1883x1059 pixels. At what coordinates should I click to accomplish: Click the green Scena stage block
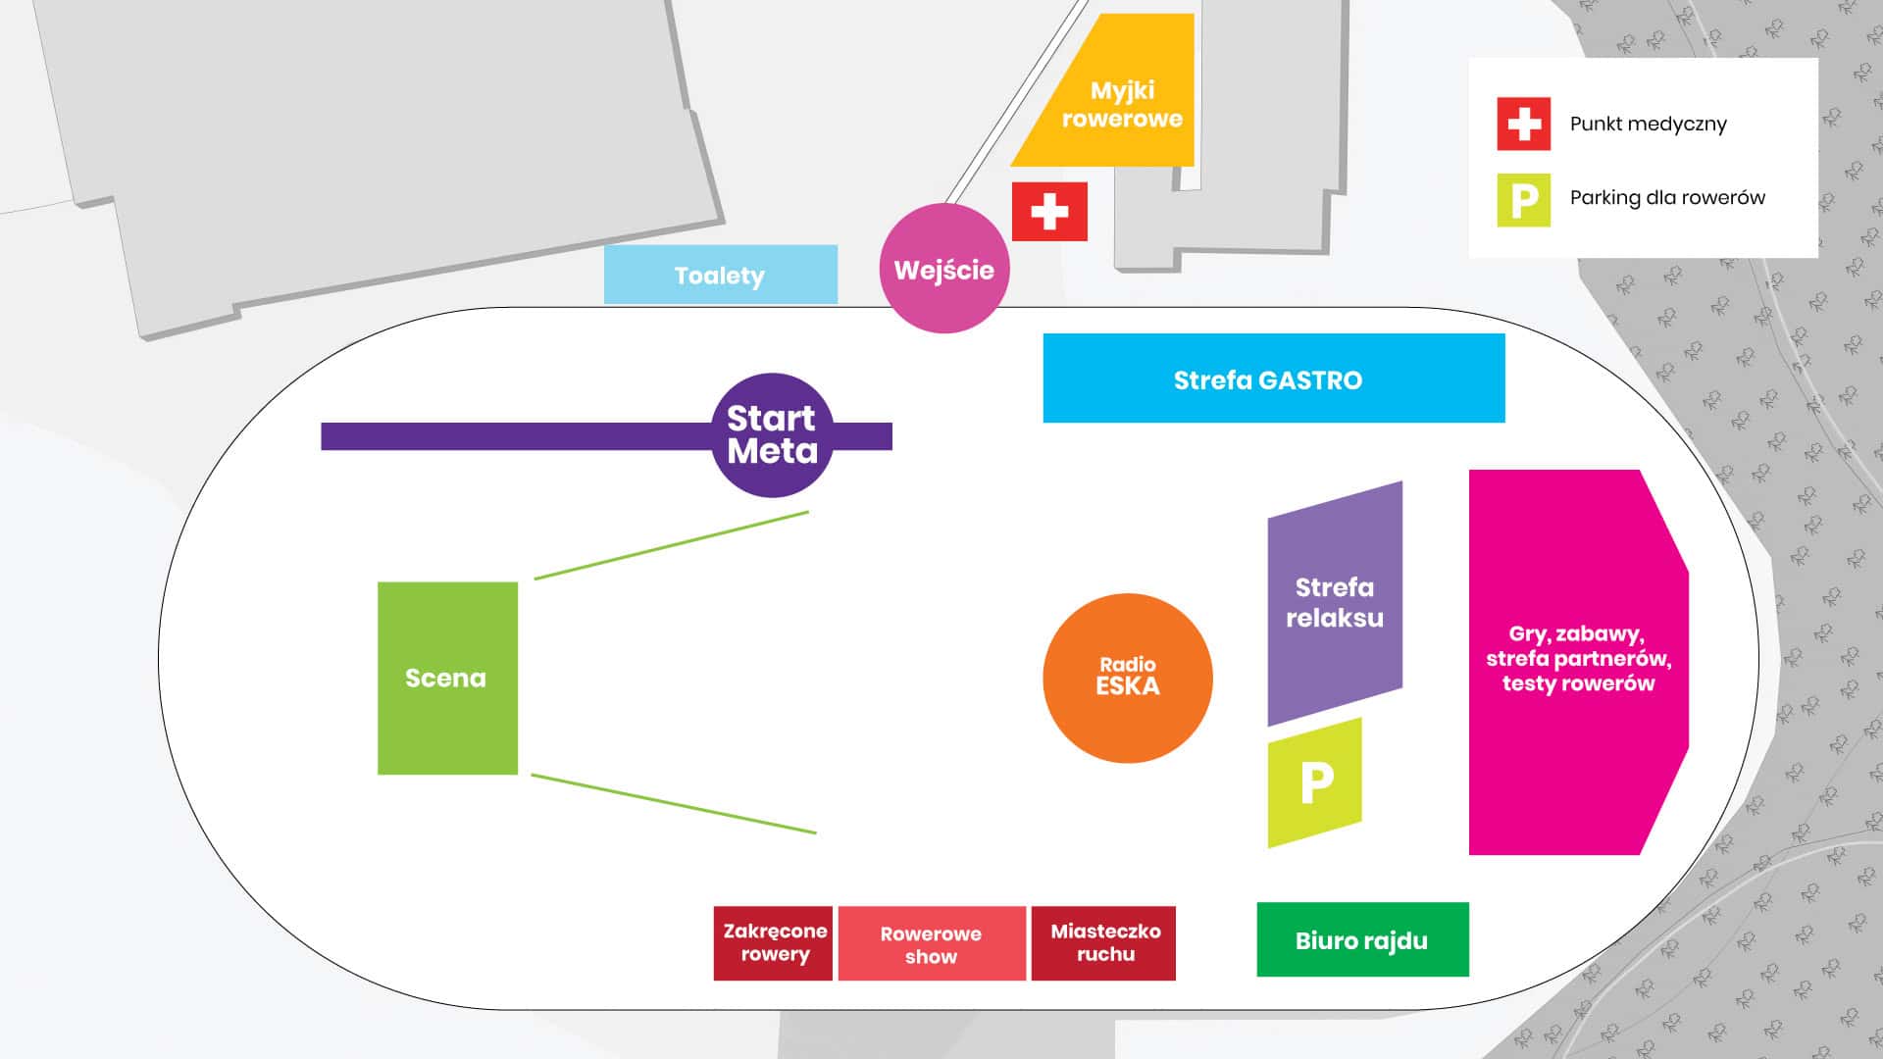click(447, 678)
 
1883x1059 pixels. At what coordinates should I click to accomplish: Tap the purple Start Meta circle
click(772, 434)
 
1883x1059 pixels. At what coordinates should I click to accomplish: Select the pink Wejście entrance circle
click(944, 269)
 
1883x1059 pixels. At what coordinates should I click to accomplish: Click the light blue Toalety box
click(720, 275)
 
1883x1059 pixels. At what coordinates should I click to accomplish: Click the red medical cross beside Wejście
click(1049, 211)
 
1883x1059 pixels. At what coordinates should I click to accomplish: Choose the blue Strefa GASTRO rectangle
click(1273, 378)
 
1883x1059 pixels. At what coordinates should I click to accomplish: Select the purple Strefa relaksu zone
click(1335, 602)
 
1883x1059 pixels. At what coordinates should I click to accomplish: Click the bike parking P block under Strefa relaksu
click(1315, 782)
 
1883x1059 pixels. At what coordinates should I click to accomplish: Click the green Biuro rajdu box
click(1362, 939)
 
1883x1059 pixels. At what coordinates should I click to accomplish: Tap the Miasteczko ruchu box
click(1104, 942)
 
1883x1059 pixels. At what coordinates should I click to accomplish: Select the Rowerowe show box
click(932, 943)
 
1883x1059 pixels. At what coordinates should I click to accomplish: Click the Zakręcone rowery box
click(774, 942)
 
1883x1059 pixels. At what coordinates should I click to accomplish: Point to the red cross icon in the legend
click(1523, 124)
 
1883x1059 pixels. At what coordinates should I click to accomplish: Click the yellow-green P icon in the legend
click(1523, 200)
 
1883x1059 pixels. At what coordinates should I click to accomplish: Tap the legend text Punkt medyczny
click(1648, 124)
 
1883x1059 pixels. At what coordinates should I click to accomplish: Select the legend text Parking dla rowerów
click(1667, 197)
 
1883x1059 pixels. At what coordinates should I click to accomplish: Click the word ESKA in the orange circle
click(1128, 686)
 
